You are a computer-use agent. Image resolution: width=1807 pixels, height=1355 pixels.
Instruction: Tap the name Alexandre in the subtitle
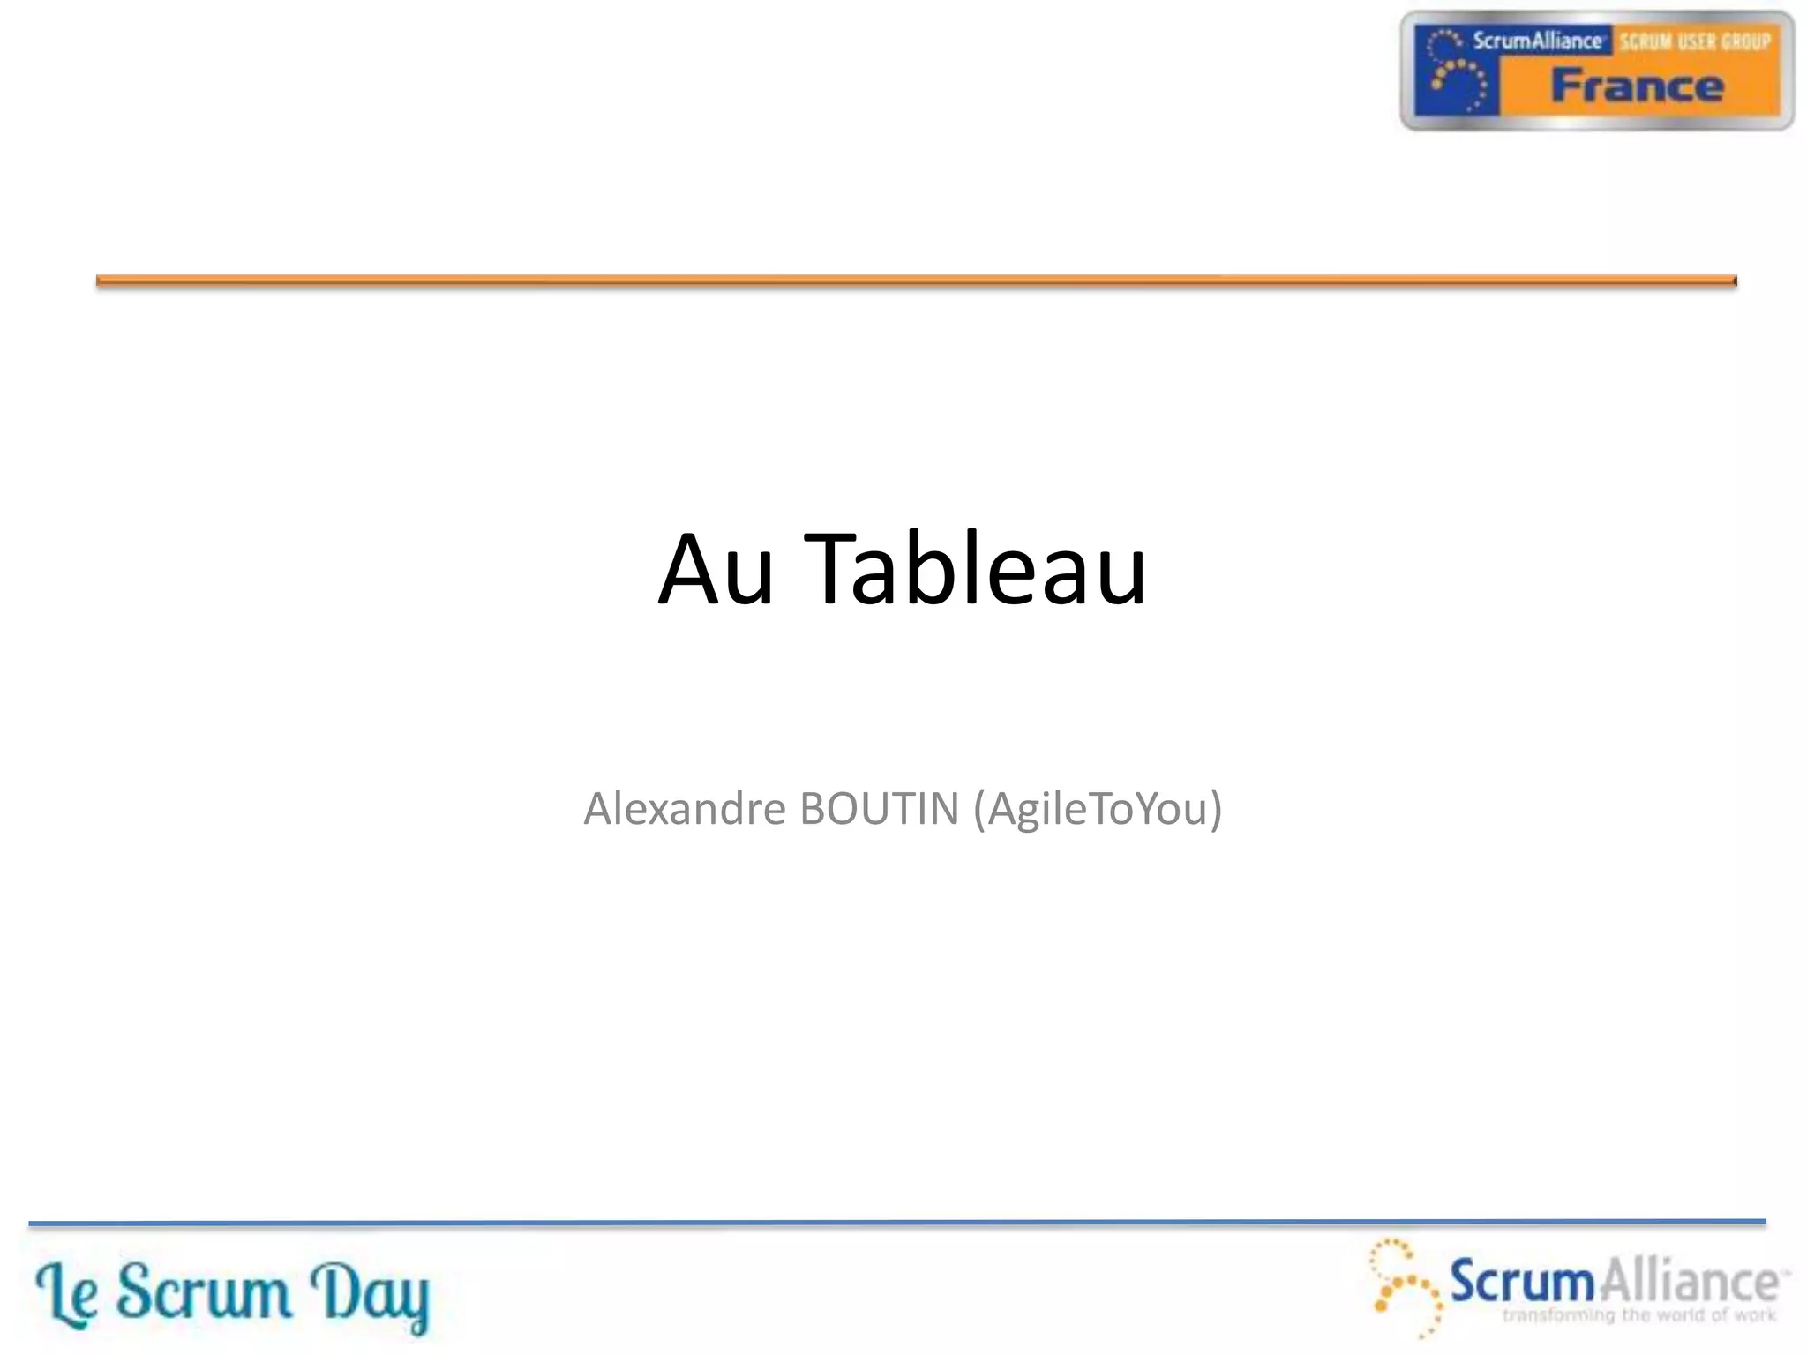[x=685, y=808]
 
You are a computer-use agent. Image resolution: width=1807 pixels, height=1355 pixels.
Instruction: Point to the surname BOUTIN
[x=879, y=808]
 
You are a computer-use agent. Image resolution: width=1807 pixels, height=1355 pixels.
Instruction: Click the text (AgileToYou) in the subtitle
[x=1098, y=810]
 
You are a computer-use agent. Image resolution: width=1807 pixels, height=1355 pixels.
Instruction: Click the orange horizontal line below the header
[x=916, y=281]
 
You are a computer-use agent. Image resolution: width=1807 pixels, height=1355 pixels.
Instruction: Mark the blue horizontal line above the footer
[x=896, y=1223]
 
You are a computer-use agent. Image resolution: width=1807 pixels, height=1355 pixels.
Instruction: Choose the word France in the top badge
[x=1637, y=86]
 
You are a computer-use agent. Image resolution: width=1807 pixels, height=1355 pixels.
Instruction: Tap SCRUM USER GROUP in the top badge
[x=1694, y=41]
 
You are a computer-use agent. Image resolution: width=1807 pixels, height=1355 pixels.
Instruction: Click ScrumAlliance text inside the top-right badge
[x=1536, y=41]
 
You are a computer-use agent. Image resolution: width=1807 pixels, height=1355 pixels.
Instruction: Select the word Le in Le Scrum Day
[x=66, y=1295]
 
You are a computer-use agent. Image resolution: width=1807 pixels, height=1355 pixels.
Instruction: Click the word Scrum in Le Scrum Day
[x=204, y=1293]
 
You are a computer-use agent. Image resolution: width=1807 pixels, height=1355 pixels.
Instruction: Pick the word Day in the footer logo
[x=371, y=1295]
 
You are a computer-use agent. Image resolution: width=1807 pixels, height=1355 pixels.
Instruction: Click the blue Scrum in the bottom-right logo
[x=1523, y=1281]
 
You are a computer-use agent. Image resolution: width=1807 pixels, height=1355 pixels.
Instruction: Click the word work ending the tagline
[x=1755, y=1315]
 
